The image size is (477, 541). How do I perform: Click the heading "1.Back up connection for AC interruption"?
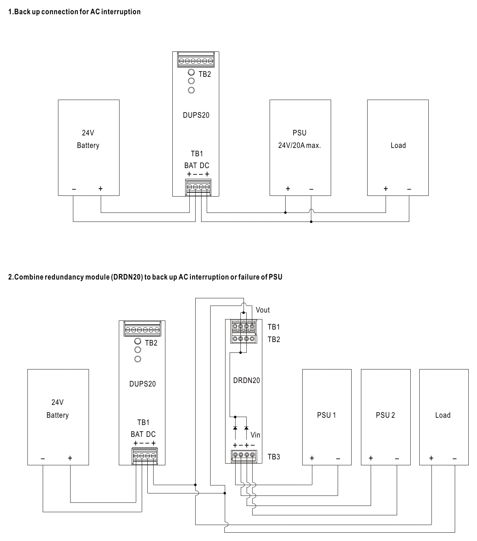coord(74,12)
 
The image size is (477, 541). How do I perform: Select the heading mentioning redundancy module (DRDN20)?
coord(145,277)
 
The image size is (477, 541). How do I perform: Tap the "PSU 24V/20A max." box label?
coord(299,139)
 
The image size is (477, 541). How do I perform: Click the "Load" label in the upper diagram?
coord(398,145)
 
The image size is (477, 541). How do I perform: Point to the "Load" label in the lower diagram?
coord(443,415)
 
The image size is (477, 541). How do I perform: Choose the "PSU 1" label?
coord(327,415)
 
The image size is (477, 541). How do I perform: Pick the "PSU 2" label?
coord(385,415)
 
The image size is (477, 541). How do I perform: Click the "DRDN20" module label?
coord(247,381)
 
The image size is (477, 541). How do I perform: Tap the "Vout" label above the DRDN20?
coord(263,310)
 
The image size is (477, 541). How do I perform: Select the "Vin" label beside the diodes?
coord(255,435)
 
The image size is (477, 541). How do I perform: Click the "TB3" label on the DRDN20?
coord(274,457)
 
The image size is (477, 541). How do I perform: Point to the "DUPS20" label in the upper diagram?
coord(196,115)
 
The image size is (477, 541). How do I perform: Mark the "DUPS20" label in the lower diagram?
coord(142,384)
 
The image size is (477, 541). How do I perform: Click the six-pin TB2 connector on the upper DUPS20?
coord(196,60)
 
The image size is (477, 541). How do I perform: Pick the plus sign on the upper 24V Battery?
coord(100,189)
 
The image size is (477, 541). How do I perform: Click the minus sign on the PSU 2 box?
coord(397,459)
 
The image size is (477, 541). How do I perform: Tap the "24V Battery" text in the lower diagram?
coord(58,409)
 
